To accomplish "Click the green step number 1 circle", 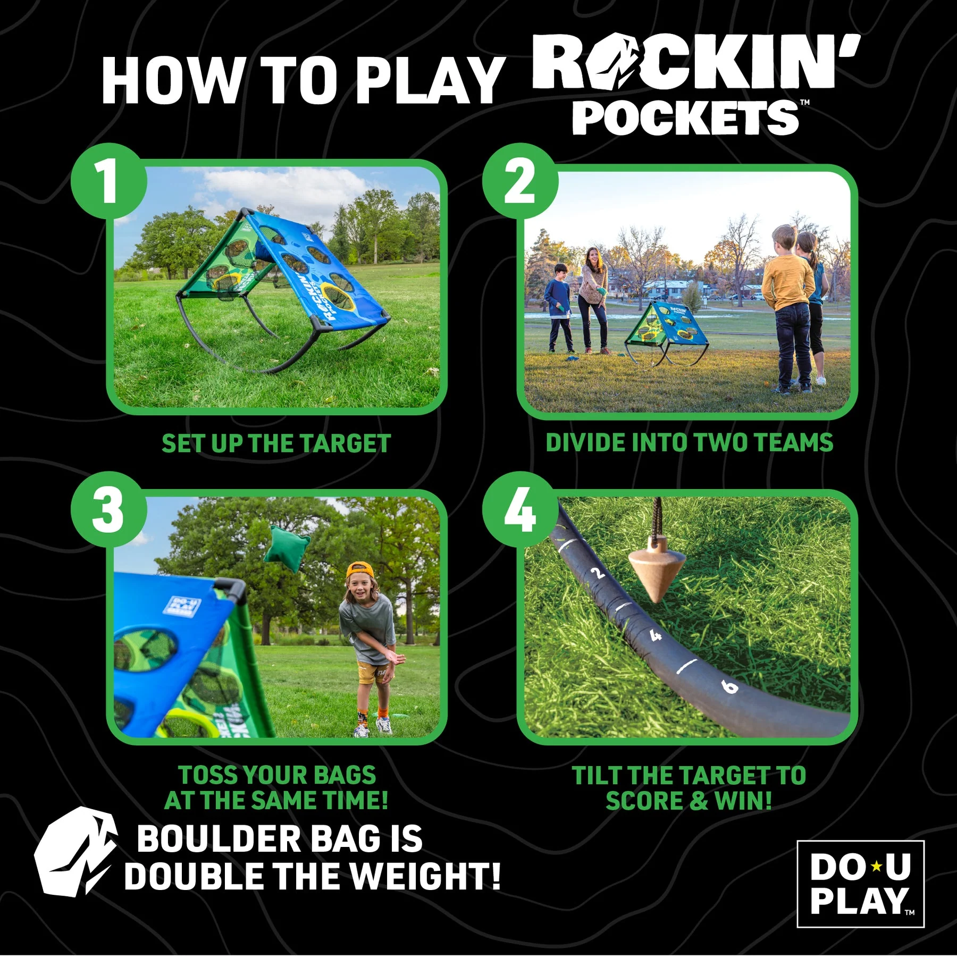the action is [109, 181].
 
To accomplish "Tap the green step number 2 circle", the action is [520, 181].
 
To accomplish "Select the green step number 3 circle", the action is [109, 509].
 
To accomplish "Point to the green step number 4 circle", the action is [520, 509].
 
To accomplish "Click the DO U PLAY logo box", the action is [860, 884].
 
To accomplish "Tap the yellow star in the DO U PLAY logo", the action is [876, 867].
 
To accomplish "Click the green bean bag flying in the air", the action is [287, 549].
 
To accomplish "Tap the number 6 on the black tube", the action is [730, 686].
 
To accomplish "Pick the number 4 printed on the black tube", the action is [656, 635].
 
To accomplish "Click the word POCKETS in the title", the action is [686, 117].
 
